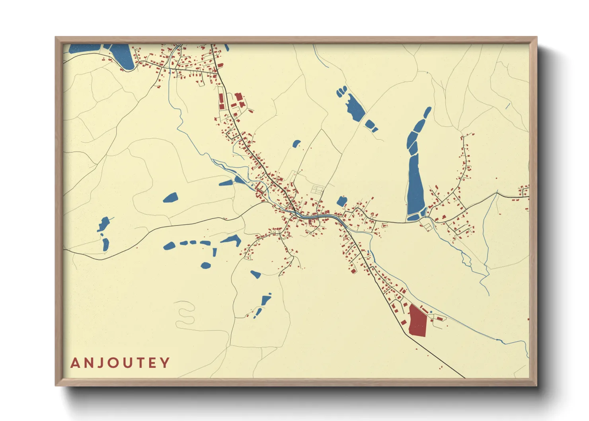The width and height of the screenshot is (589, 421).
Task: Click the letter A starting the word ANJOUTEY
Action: pos(75,363)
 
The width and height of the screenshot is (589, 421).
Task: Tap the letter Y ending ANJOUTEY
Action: pos(165,363)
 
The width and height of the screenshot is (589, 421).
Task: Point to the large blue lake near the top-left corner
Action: pos(122,56)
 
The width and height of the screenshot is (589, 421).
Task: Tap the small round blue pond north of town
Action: pos(296,144)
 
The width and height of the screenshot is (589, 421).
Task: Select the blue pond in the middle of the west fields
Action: pos(171,198)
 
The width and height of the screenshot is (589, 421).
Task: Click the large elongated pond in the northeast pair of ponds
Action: pos(355,106)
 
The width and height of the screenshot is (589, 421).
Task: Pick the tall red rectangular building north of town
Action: pos(222,101)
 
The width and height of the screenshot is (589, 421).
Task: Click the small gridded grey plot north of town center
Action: pos(318,190)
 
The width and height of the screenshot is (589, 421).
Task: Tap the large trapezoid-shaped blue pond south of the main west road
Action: pos(231,240)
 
